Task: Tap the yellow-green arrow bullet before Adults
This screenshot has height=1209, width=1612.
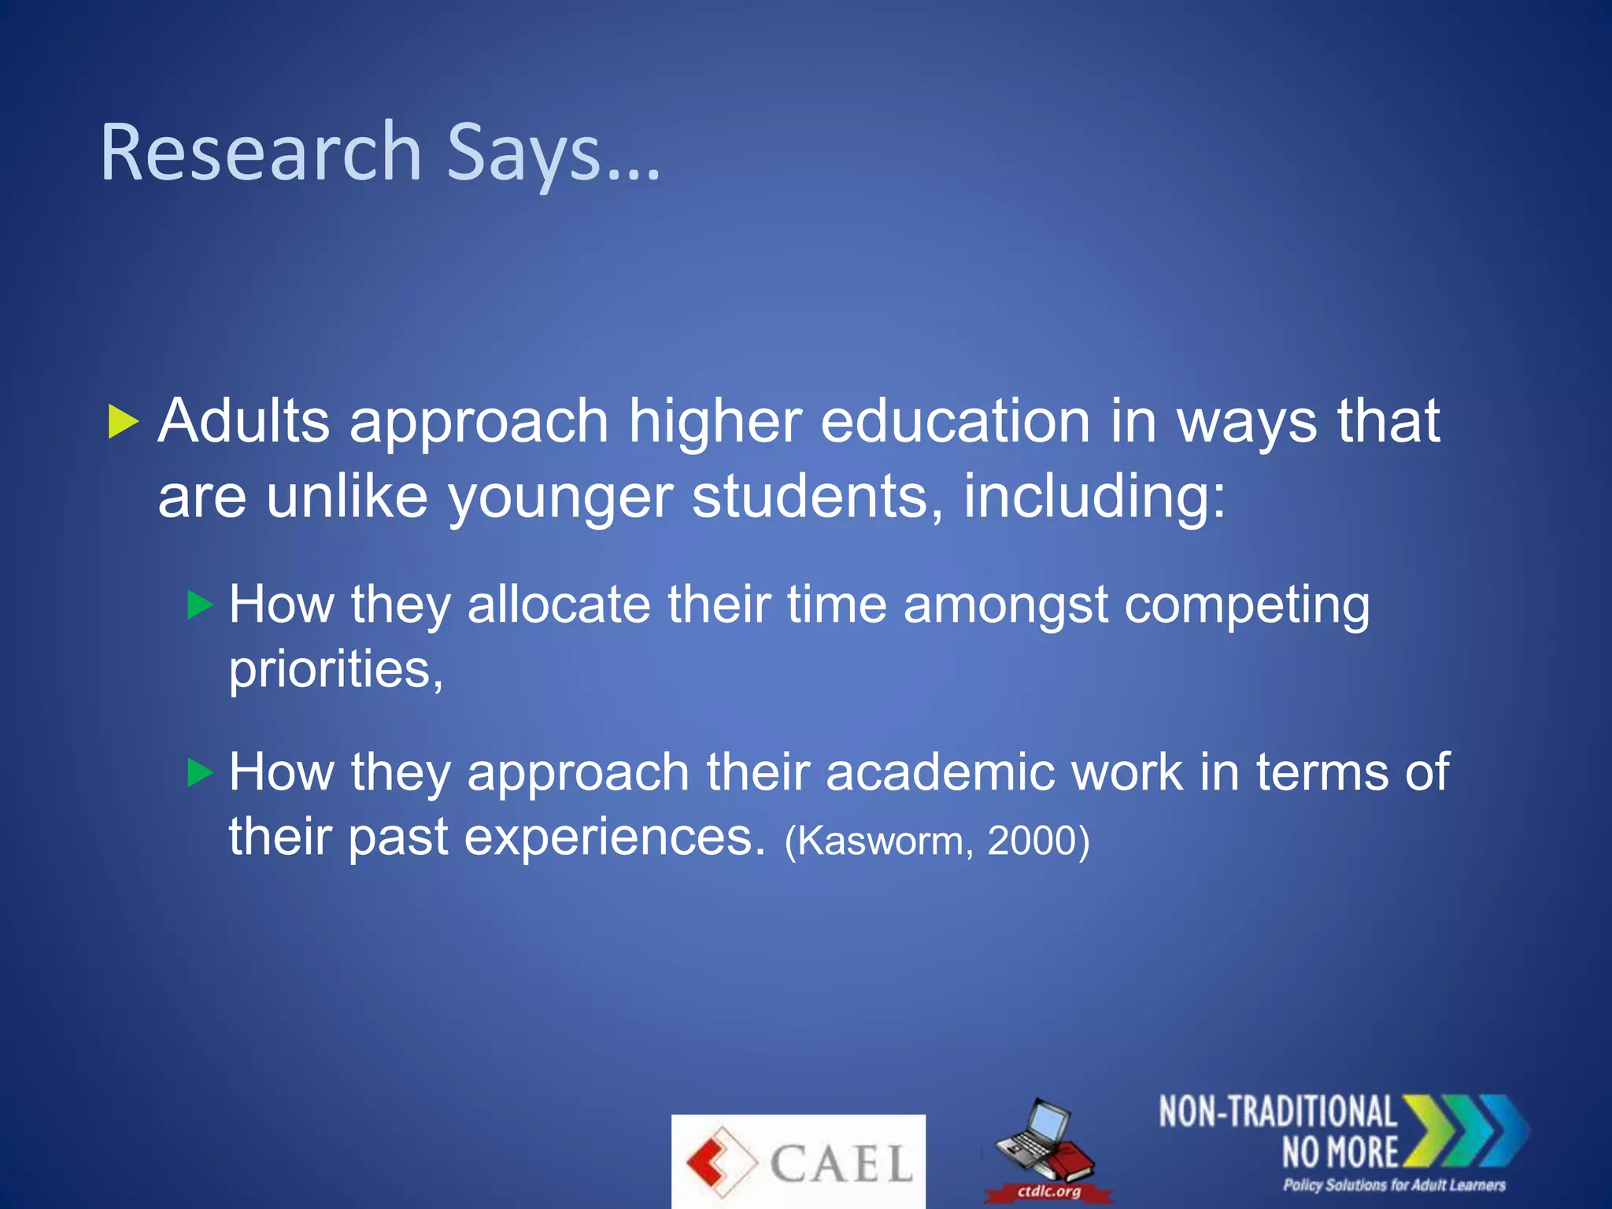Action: pyautogui.click(x=123, y=422)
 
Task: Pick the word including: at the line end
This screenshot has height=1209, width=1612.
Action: pyautogui.click(x=1094, y=497)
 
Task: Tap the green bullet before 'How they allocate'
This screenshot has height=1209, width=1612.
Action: pyautogui.click(x=201, y=605)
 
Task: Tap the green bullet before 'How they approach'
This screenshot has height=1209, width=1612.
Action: pyautogui.click(x=201, y=772)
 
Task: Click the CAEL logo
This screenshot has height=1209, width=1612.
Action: pyautogui.click(x=798, y=1162)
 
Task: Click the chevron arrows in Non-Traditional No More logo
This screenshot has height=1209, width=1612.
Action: pyautogui.click(x=1466, y=1130)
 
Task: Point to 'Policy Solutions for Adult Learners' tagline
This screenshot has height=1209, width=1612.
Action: pyautogui.click(x=1394, y=1185)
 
